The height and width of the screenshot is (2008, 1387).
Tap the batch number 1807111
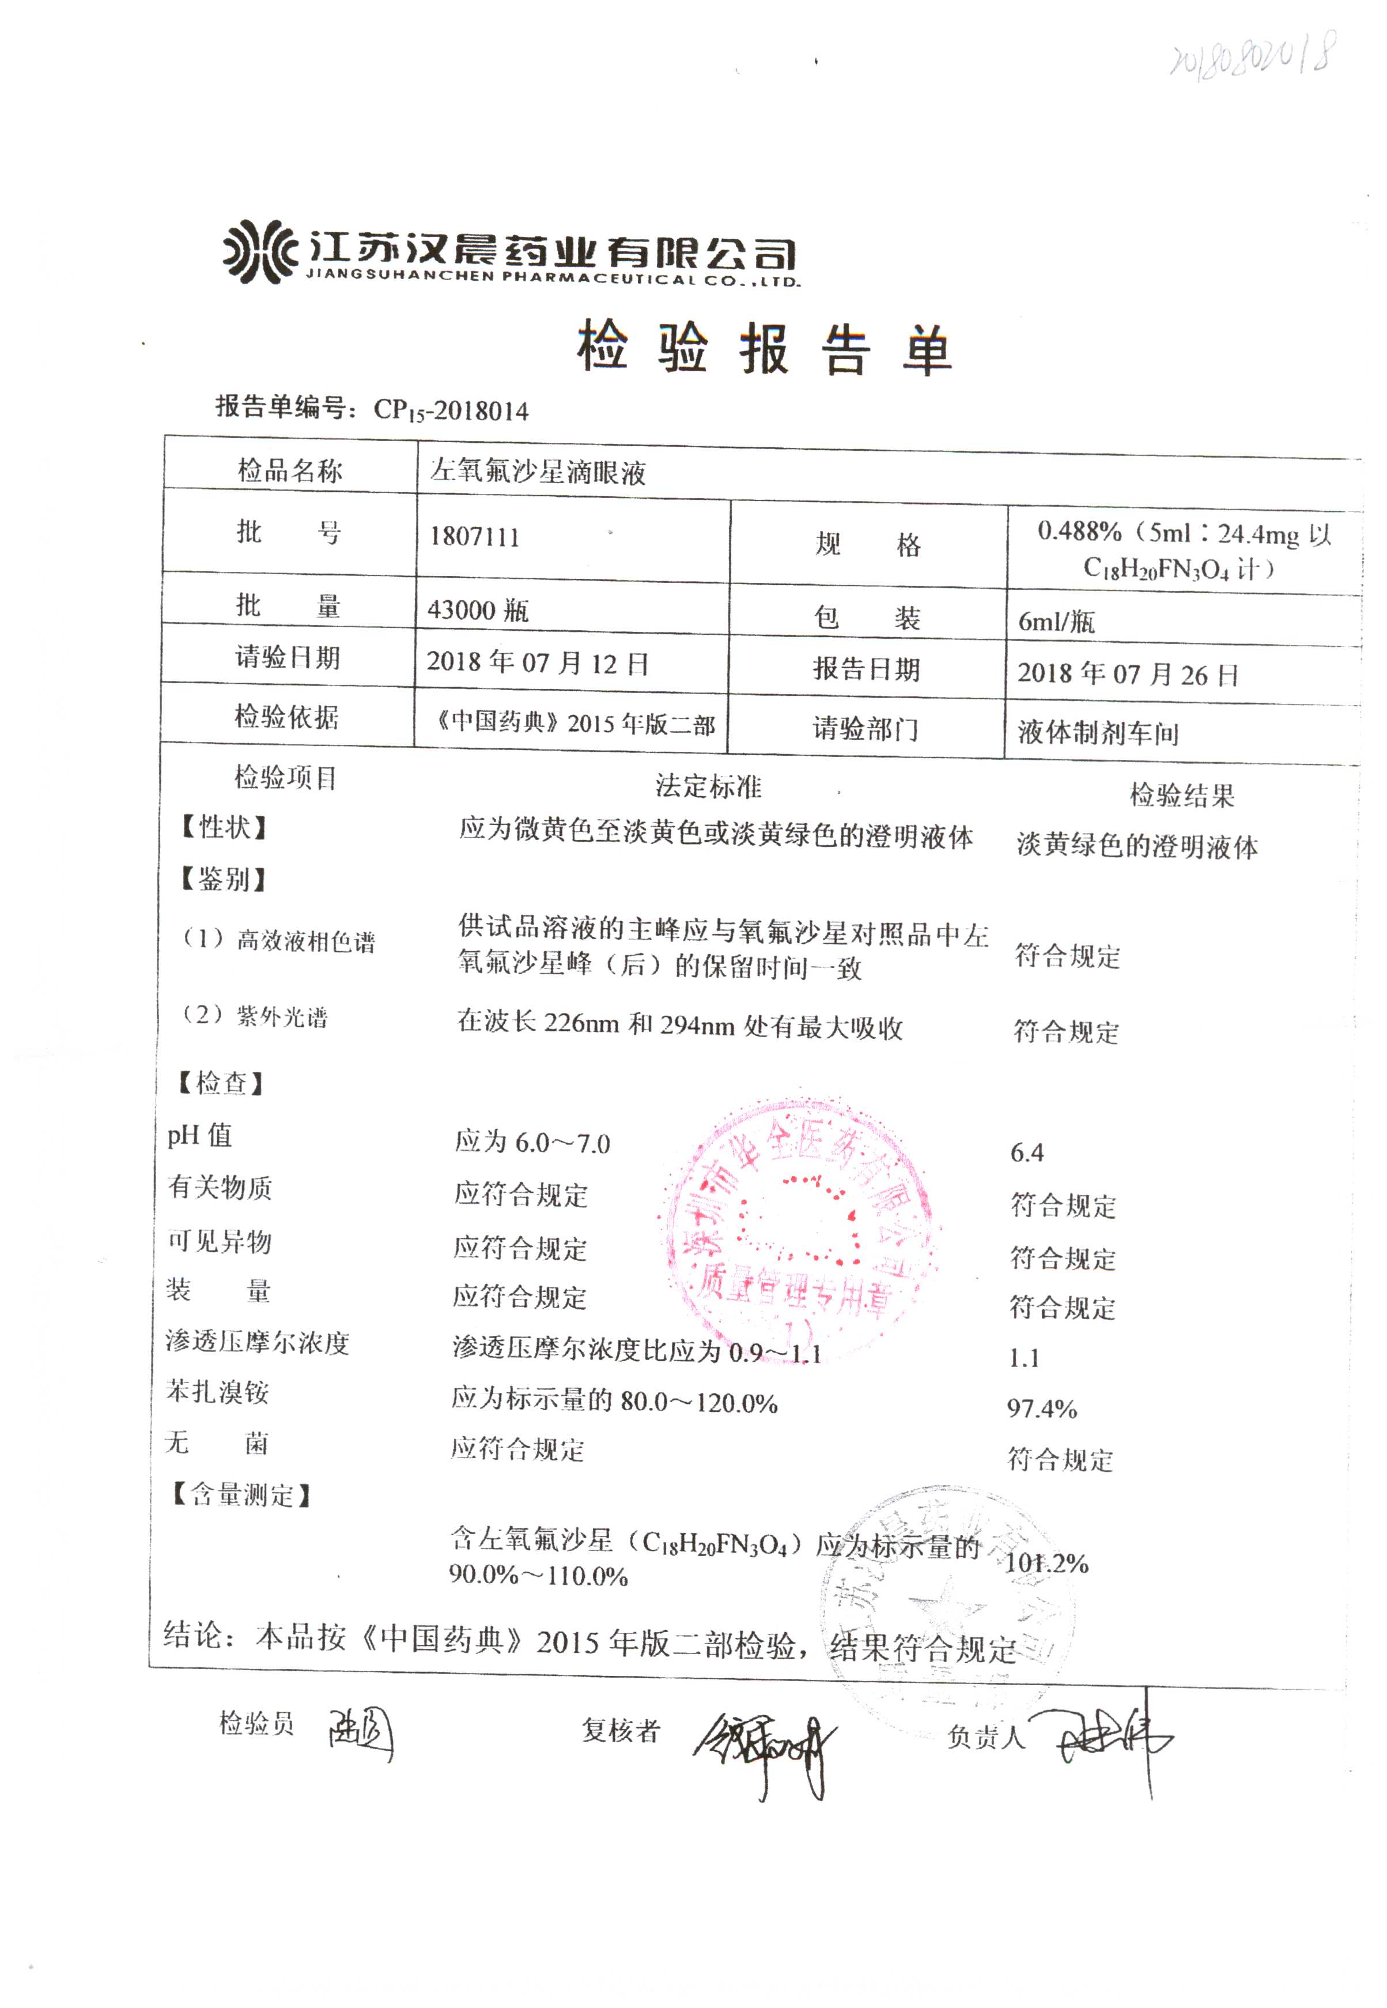[474, 536]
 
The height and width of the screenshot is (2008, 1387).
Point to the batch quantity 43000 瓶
[478, 610]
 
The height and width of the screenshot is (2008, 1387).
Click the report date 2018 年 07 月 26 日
[1127, 674]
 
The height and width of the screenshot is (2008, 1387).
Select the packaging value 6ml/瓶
[1056, 621]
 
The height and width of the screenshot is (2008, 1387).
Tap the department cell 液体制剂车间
[1098, 733]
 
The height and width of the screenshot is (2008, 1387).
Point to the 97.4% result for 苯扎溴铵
[1042, 1408]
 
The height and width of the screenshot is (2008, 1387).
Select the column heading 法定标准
[708, 787]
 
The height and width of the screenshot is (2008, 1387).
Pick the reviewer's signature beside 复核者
[765, 1747]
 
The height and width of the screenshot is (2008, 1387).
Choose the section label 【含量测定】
[241, 1495]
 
